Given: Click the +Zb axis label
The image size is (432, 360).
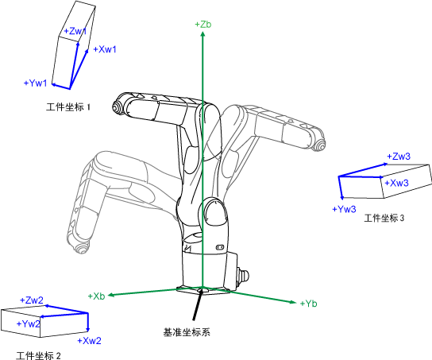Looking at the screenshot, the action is click(x=203, y=25).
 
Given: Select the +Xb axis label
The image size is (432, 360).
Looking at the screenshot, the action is click(x=96, y=296).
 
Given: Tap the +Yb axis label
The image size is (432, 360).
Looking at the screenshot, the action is click(x=308, y=304).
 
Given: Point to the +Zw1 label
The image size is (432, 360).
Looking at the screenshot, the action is click(x=75, y=31).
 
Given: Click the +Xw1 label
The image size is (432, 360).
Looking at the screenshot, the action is click(x=105, y=49).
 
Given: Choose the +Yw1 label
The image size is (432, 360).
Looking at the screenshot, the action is click(x=36, y=83).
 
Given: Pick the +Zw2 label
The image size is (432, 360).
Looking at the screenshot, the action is click(x=32, y=300).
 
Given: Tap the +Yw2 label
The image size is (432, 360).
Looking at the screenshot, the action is click(x=29, y=323).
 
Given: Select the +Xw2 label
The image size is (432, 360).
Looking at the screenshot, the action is click(x=89, y=341).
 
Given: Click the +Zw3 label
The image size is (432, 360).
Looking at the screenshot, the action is click(x=399, y=157).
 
